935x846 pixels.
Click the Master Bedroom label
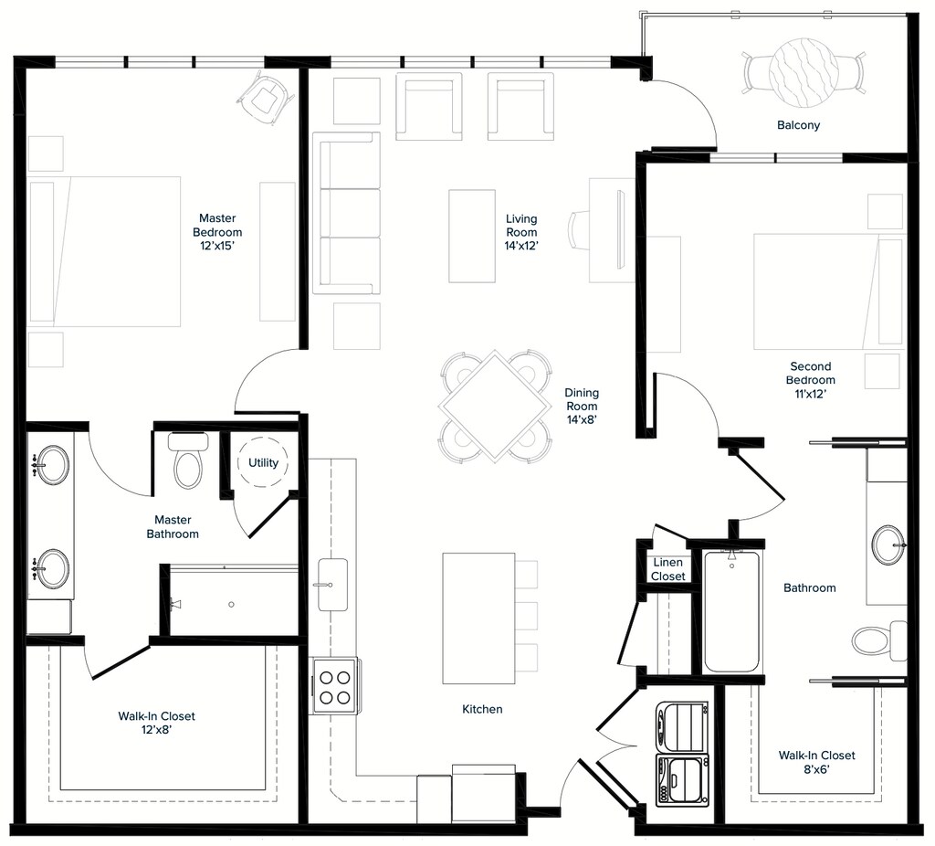217,232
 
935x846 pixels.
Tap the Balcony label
798,125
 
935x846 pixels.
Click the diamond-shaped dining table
495,406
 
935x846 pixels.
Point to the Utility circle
263,462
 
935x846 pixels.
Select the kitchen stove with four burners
334,685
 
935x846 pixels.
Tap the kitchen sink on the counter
332,585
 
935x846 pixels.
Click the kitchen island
478,619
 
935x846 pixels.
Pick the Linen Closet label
667,569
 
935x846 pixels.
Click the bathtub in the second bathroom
731,611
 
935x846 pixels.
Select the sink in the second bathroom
888,545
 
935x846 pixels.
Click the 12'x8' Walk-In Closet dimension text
157,730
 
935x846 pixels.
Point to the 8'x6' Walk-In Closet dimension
816,769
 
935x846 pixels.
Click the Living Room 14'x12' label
521,232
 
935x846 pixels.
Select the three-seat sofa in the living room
346,213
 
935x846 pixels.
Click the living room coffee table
472,236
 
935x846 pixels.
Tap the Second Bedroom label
811,380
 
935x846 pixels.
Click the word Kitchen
482,709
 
